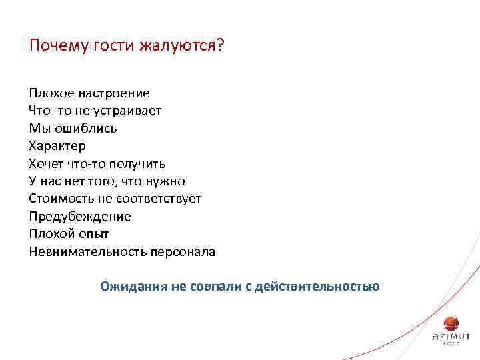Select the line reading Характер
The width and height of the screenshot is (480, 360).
point(57,145)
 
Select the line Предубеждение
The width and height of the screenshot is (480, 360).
point(80,217)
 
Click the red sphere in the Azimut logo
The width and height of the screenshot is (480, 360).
point(451,323)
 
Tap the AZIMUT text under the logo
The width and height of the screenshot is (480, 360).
point(451,337)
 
